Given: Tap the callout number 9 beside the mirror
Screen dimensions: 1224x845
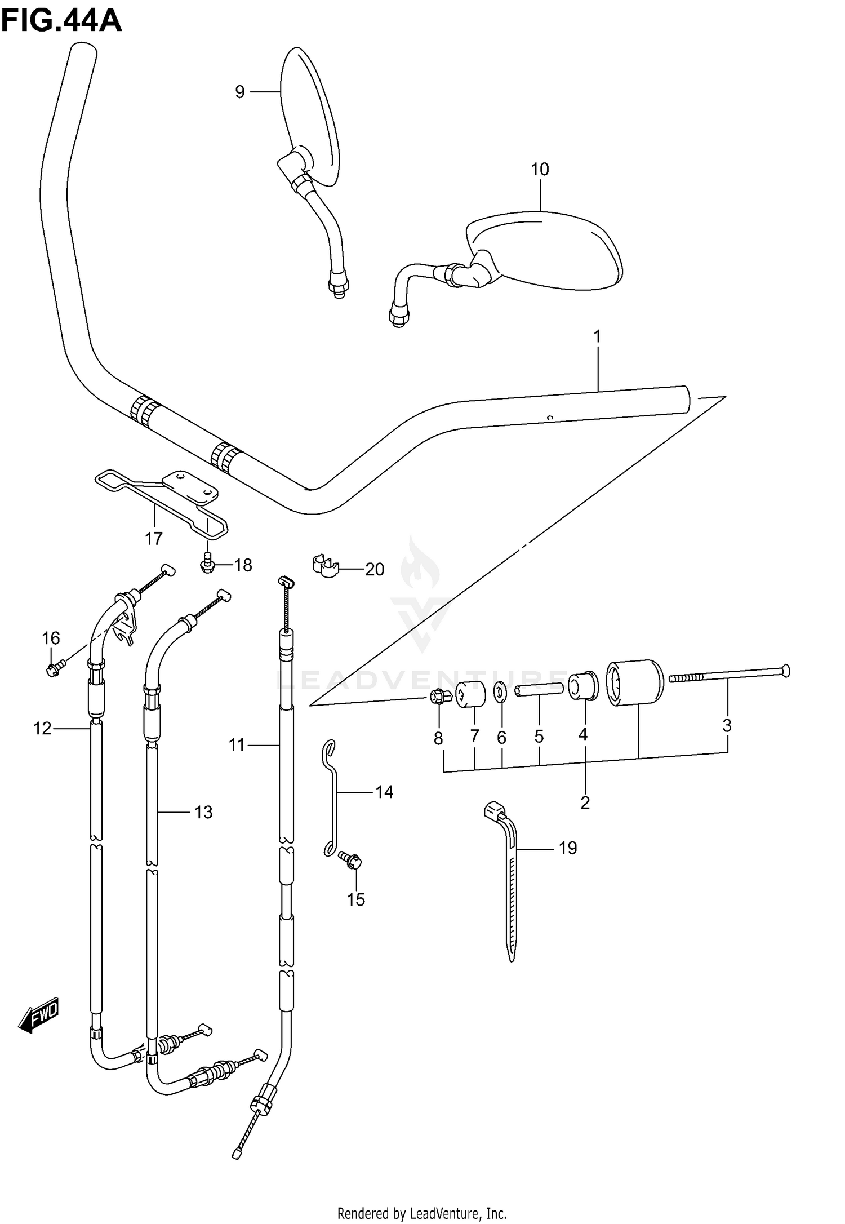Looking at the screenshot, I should coord(239,91).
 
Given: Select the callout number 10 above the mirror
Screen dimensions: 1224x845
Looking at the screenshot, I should coord(539,169).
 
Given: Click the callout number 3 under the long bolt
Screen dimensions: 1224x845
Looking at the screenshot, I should coord(727,726).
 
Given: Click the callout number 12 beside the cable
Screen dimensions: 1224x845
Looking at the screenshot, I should coord(42,729).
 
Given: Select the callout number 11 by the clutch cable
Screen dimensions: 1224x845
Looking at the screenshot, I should coord(237,745).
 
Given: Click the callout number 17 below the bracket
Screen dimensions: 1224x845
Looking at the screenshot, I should coord(153,539).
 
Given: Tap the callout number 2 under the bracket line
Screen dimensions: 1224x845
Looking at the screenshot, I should coord(585,802).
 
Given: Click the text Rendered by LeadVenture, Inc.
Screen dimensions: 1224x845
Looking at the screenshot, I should coord(422,1209).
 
